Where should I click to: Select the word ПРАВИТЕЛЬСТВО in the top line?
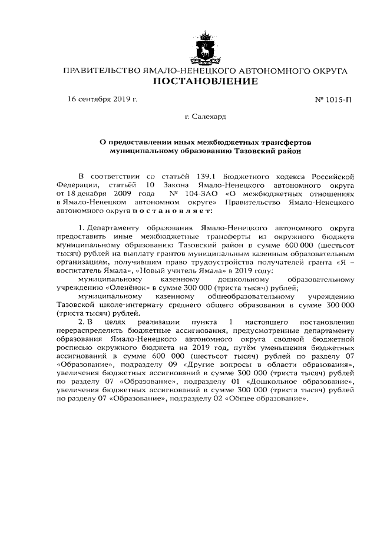pyautogui.click(x=101, y=71)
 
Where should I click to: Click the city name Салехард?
pyautogui.click(x=205, y=117)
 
